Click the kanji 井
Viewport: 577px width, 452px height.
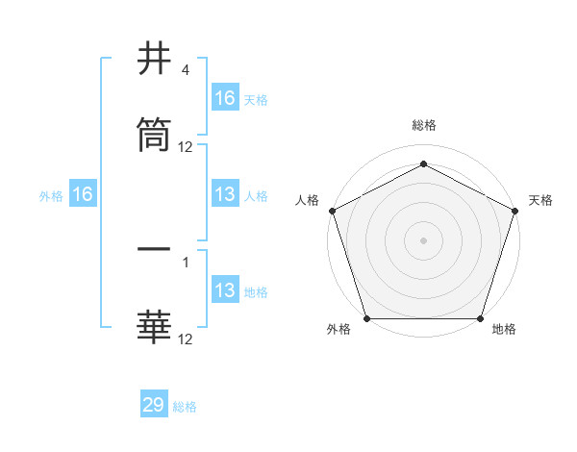[x=155, y=61]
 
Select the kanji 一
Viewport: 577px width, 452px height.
[x=155, y=249]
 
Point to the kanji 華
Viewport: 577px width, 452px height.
[x=155, y=326]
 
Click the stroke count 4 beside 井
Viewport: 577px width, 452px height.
[x=185, y=70]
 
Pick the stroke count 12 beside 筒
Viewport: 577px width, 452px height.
[x=186, y=147]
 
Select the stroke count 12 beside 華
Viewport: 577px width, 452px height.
[x=186, y=339]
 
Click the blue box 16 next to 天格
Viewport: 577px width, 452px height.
[x=225, y=98]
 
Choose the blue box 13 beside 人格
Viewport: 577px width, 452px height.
[x=225, y=195]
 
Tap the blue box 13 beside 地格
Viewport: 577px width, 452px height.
[x=225, y=291]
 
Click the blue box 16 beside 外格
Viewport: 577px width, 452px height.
[x=83, y=195]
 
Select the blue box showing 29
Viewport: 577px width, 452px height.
[x=154, y=405]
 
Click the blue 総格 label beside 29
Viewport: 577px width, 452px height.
[x=185, y=407]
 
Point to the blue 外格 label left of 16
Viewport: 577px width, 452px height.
[x=51, y=196]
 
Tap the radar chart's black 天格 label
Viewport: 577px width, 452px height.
[x=541, y=200]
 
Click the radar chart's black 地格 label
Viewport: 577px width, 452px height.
[x=504, y=330]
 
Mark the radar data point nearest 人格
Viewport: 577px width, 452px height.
[x=332, y=210]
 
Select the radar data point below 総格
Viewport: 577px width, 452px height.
[x=423, y=163]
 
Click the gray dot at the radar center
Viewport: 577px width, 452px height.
[x=423, y=239]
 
